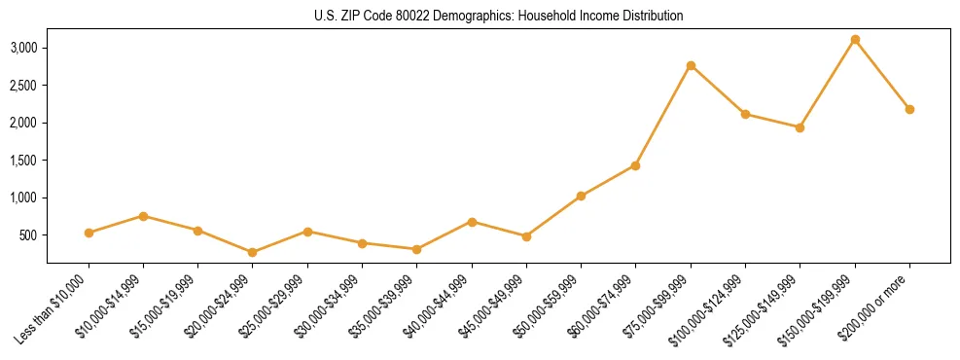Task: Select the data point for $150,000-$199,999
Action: [x=855, y=40]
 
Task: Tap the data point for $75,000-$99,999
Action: [x=691, y=66]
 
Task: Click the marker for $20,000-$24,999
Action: [x=253, y=252]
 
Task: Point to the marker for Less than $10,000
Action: [x=89, y=233]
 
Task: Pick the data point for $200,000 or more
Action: [x=909, y=109]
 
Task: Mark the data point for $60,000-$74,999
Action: [x=635, y=165]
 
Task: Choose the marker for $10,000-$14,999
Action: [x=143, y=216]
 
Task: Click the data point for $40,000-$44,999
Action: [x=472, y=222]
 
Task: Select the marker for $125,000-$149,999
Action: [x=800, y=127]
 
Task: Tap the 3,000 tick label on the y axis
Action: [x=24, y=48]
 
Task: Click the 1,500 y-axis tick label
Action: [x=24, y=161]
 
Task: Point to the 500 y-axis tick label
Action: [x=29, y=235]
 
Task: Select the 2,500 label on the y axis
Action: [x=24, y=86]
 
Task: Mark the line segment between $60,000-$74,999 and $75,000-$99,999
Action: [x=663, y=116]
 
